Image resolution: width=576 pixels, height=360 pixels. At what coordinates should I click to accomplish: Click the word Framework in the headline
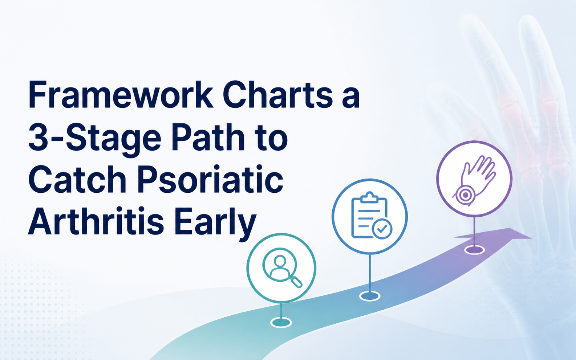click(121, 94)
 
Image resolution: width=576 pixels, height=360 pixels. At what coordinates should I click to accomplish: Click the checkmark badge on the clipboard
click(382, 229)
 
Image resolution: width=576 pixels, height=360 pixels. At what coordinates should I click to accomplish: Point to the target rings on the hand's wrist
click(465, 195)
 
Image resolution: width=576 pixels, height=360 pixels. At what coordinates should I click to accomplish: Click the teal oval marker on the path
click(281, 322)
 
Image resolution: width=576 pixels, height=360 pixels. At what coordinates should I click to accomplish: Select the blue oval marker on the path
click(370, 296)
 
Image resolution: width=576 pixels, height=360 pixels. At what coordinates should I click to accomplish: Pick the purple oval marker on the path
click(474, 250)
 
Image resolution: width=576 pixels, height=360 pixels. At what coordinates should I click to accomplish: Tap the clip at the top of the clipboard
click(369, 197)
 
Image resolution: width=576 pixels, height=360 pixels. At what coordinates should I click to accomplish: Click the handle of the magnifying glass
click(296, 282)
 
